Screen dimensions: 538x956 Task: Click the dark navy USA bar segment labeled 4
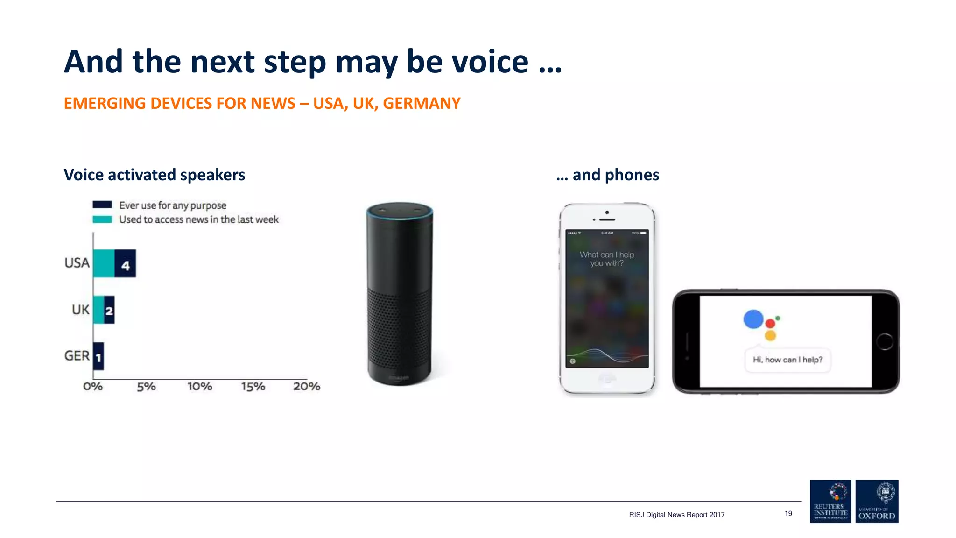pyautogui.click(x=125, y=263)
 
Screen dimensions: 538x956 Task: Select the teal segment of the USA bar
pyautogui.click(x=104, y=263)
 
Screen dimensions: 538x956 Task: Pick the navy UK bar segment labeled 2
pyautogui.click(x=109, y=310)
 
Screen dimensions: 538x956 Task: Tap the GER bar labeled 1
pyautogui.click(x=98, y=356)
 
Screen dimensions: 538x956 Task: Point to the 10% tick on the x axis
pyautogui.click(x=200, y=386)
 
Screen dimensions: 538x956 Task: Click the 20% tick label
pyautogui.click(x=307, y=386)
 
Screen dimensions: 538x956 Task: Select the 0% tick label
pyautogui.click(x=93, y=386)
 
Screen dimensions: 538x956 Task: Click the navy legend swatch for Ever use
pyautogui.click(x=102, y=205)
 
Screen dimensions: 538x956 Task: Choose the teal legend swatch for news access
pyautogui.click(x=102, y=219)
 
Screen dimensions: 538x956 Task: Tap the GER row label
pyautogui.click(x=77, y=356)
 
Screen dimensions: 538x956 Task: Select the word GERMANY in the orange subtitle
pyautogui.click(x=422, y=103)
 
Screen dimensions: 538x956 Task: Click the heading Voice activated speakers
pyautogui.click(x=155, y=175)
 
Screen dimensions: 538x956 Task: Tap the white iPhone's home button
pyautogui.click(x=607, y=379)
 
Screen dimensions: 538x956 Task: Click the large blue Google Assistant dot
pyautogui.click(x=753, y=319)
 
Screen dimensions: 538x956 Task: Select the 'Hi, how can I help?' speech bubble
pyautogui.click(x=787, y=360)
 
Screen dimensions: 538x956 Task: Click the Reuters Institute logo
pyautogui.click(x=830, y=501)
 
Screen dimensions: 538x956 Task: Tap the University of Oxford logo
pyautogui.click(x=877, y=501)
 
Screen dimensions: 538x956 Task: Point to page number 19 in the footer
pyautogui.click(x=788, y=513)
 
